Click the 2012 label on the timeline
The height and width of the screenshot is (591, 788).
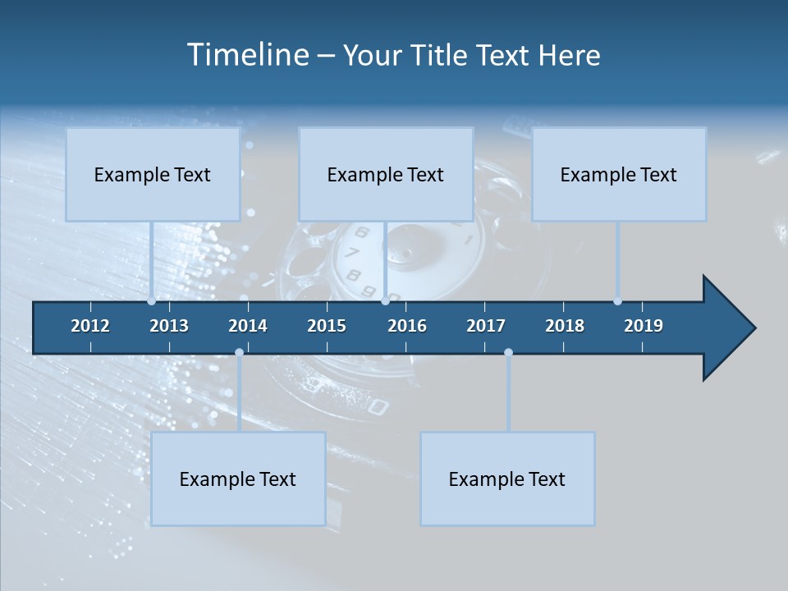pos(90,326)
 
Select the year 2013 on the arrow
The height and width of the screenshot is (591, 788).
pos(169,326)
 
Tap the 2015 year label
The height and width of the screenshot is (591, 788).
pos(327,326)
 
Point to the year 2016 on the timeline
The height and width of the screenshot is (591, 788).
pos(407,326)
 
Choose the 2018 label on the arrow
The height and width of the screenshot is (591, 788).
pos(565,326)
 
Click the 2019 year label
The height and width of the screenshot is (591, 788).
pos(644,326)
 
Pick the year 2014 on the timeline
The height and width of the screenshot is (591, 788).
pos(248,326)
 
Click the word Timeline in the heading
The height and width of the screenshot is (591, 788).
pos(246,55)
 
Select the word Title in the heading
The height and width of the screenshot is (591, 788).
pos(441,55)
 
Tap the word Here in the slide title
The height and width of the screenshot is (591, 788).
pos(569,55)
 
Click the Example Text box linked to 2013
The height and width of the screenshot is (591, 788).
pos(153,174)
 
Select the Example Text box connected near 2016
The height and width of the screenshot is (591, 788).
pos(386,174)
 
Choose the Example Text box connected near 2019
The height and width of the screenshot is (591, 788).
pos(619,174)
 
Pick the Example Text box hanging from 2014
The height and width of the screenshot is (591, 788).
pos(238,479)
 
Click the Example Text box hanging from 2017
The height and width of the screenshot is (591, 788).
pos(507,479)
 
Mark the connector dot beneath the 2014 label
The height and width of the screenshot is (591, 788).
pos(239,352)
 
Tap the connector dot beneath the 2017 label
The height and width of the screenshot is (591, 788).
pos(508,352)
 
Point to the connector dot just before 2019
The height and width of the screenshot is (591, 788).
pos(617,301)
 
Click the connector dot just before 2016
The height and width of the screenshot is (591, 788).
pos(385,301)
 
